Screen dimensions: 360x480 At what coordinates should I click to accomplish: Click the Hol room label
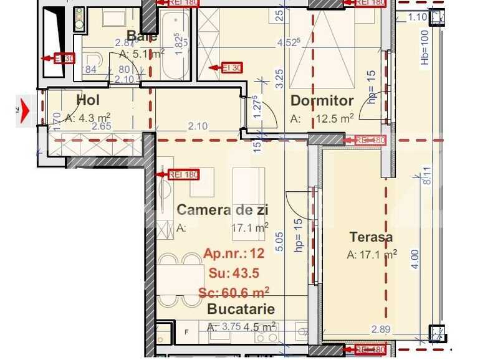click(x=88, y=100)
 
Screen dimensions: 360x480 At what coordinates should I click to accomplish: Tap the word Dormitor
click(x=322, y=101)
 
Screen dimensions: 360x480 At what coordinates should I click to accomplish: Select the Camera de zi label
click(x=223, y=210)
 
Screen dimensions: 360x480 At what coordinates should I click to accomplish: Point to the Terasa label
click(x=371, y=237)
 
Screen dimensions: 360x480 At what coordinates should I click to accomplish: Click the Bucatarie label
click(x=241, y=308)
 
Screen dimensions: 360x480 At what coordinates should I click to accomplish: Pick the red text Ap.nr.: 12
click(x=234, y=253)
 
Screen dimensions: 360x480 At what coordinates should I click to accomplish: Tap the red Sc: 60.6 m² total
click(x=234, y=291)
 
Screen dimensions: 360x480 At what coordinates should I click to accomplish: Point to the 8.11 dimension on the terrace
click(x=426, y=176)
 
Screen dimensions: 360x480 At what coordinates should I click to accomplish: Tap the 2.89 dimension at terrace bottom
click(x=380, y=329)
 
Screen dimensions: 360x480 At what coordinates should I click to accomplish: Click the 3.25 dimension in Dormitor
click(x=280, y=78)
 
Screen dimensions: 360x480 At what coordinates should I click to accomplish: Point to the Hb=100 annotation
click(x=426, y=47)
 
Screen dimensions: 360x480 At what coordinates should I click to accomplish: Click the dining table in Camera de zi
click(x=180, y=282)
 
